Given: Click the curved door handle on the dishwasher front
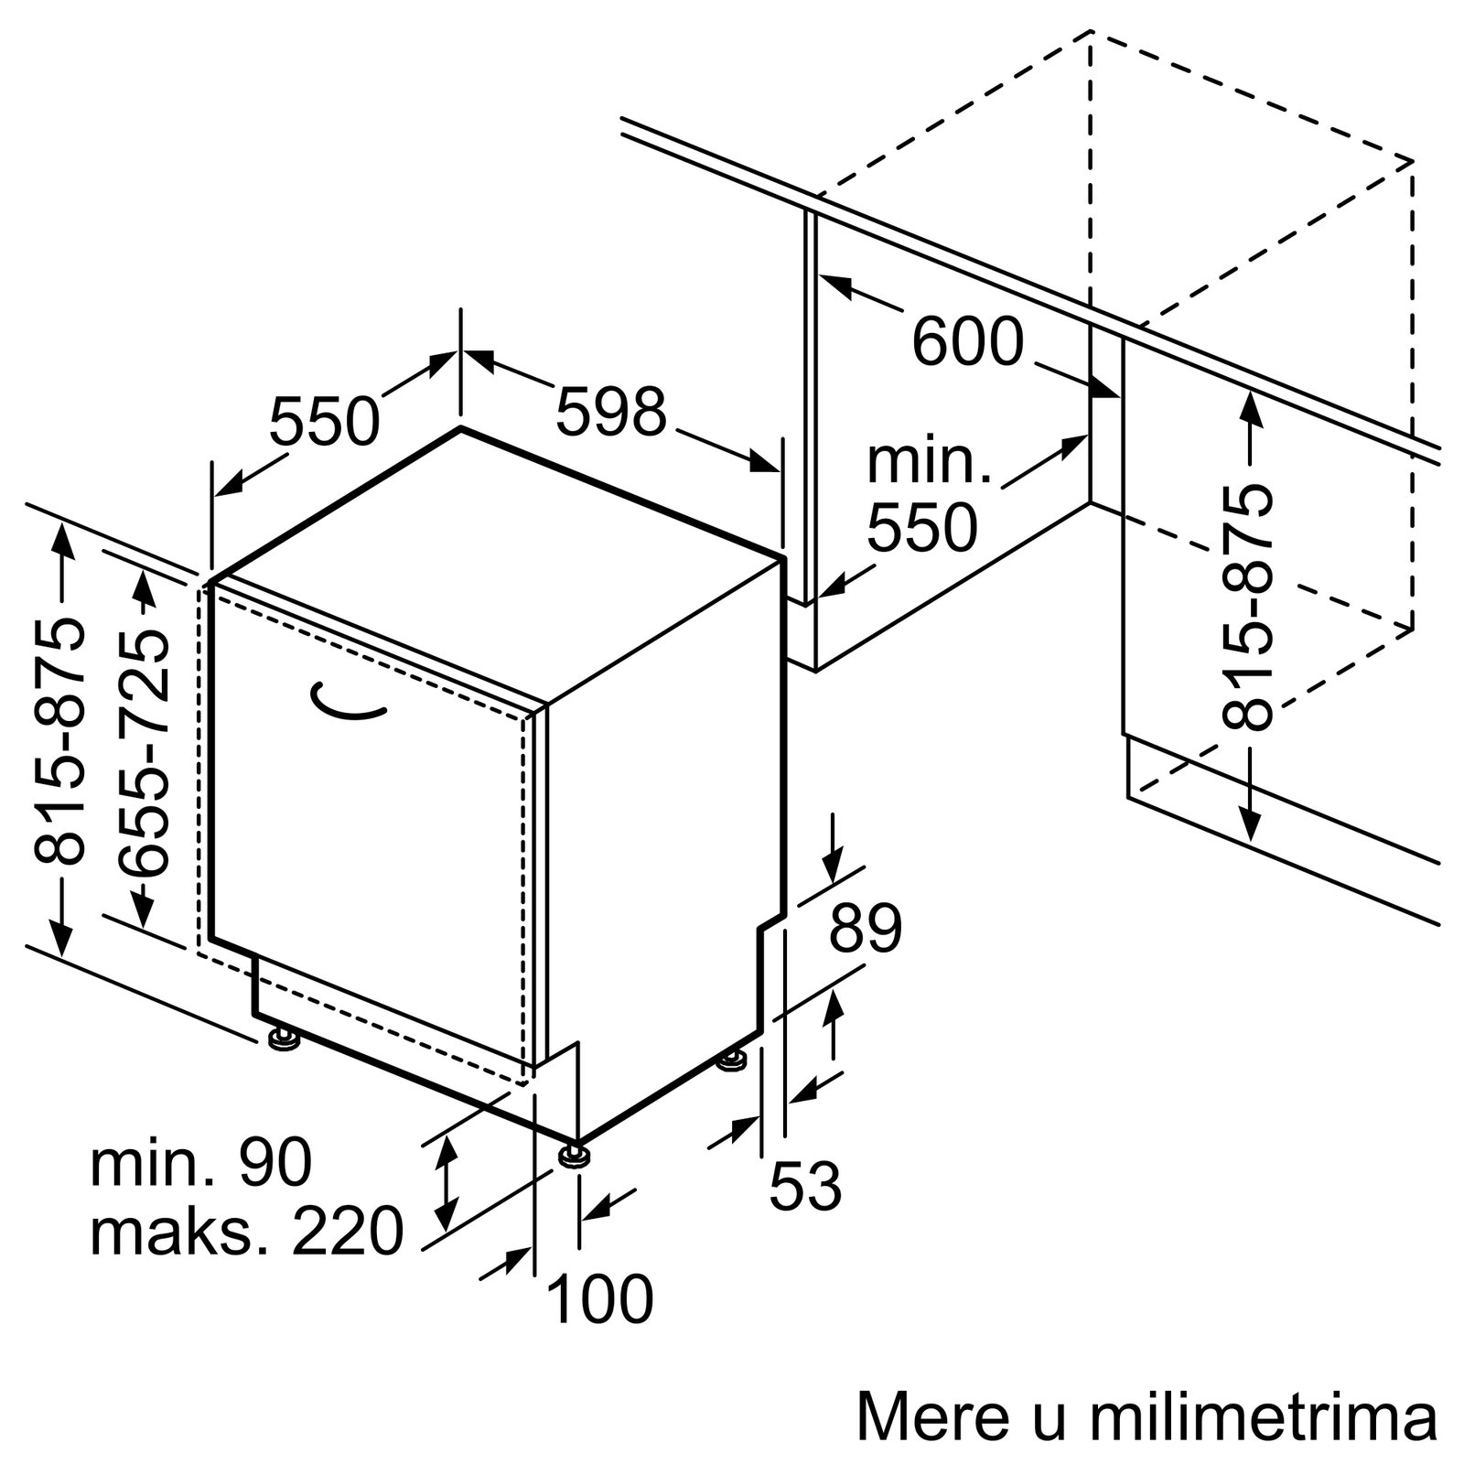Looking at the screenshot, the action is tap(345, 708).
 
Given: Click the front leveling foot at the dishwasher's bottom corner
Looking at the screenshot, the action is tap(575, 1155).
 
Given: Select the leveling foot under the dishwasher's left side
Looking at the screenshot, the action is tap(282, 1039).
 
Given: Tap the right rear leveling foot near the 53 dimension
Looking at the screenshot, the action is tap(732, 1061).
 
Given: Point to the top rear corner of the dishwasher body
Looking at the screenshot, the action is tap(460, 427).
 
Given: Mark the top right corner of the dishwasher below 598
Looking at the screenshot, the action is tap(783, 557).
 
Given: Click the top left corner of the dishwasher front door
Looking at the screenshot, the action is tap(211, 582).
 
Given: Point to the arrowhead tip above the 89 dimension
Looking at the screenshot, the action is tap(834, 882).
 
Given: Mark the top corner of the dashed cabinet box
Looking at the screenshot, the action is tap(1091, 30).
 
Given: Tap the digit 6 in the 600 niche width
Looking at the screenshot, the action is tap(931, 341).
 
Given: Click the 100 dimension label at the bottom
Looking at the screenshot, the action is tap(600, 1298).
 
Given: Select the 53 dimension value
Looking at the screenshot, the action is tap(805, 1186).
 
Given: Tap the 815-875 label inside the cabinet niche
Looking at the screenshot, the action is tap(1248, 608).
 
